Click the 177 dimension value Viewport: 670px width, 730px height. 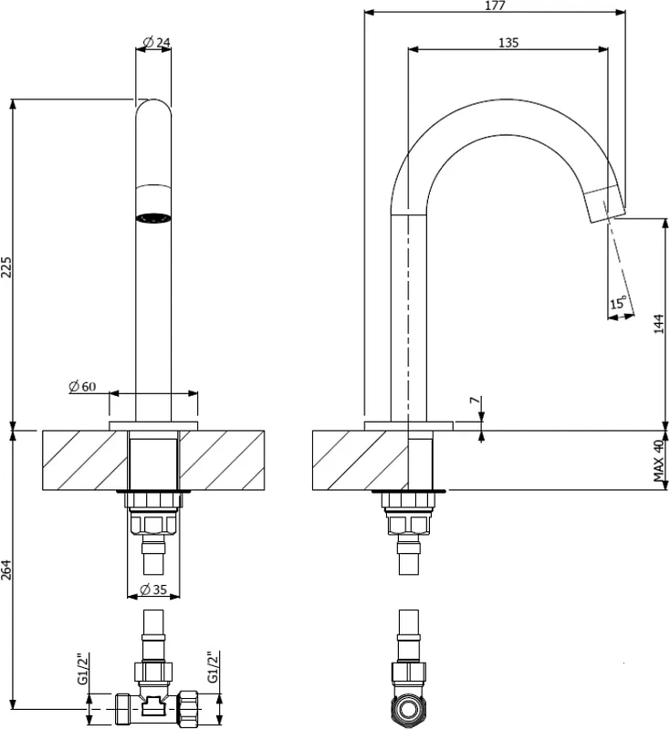coord(495,5)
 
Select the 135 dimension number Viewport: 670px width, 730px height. coord(508,42)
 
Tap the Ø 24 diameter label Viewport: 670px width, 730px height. coord(156,42)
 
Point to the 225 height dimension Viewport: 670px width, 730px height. coord(6,266)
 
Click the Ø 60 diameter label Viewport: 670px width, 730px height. coord(82,386)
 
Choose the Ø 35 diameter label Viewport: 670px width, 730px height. coord(153,589)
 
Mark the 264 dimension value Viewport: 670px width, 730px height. coord(6,569)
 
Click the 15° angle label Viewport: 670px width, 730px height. coord(618,303)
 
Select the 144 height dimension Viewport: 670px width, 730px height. coord(658,324)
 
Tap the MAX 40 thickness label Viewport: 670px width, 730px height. coord(658,461)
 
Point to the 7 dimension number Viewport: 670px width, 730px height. coord(474,401)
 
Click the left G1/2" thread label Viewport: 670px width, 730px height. coord(82,670)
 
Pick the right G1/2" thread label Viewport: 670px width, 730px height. coord(213,667)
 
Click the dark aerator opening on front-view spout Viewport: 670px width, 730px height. coord(153,218)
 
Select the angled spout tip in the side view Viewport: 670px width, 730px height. coord(604,203)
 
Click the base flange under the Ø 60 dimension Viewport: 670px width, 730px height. coord(153,426)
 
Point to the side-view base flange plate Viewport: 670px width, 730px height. coord(408,426)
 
